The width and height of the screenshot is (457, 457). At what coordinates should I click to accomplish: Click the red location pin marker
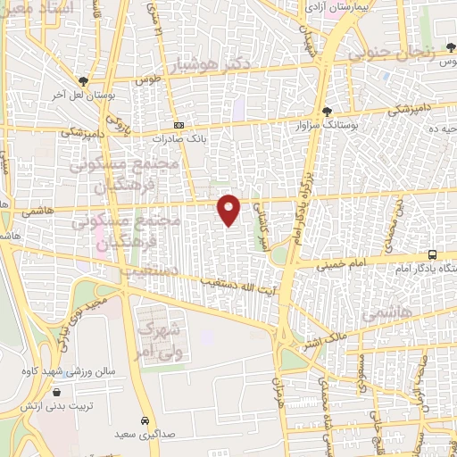click(229, 209)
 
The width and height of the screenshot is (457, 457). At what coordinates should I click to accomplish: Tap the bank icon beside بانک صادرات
click(179, 126)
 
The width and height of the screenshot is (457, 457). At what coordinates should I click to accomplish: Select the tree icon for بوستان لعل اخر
click(83, 79)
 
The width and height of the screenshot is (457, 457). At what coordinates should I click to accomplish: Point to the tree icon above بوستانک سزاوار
click(329, 112)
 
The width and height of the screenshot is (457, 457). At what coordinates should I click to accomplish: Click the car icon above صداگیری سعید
click(145, 420)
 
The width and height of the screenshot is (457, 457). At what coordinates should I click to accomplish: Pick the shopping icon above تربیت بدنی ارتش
click(57, 391)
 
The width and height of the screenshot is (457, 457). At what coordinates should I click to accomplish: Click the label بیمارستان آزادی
click(333, 7)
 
